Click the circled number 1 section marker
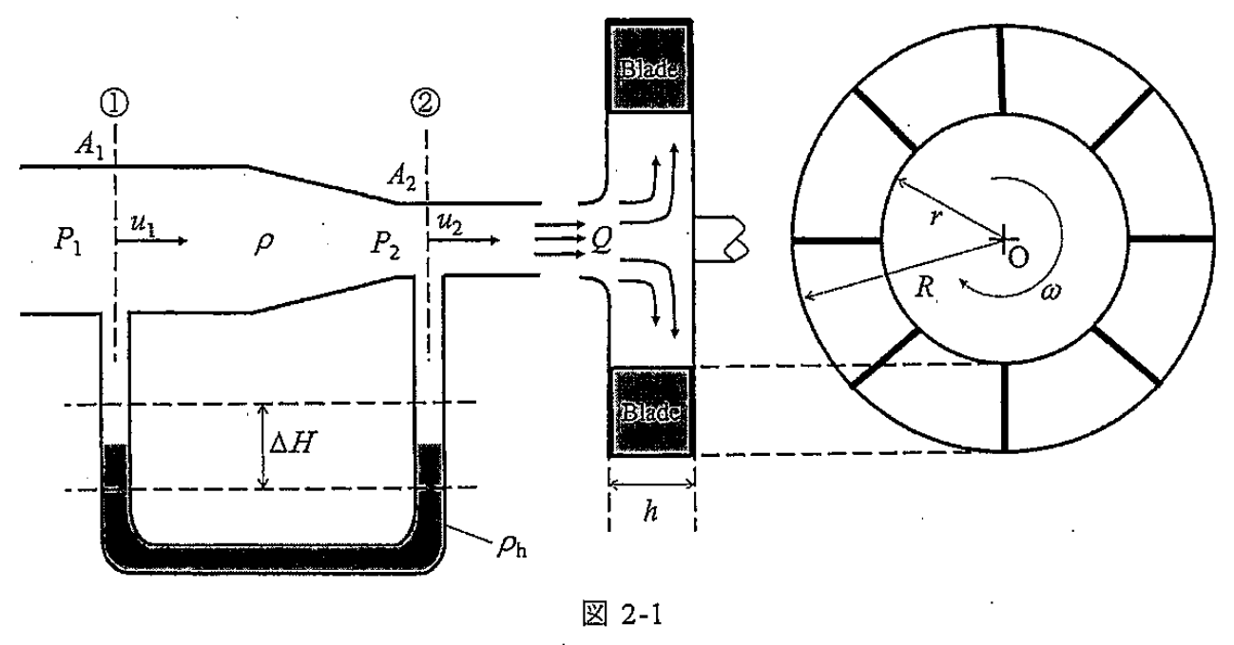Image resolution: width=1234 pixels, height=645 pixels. [115, 103]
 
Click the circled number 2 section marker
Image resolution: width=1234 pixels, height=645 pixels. [426, 103]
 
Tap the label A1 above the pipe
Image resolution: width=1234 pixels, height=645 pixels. [89, 145]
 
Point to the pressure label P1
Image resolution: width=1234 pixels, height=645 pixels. [67, 241]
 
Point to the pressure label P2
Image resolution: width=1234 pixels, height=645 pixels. [385, 244]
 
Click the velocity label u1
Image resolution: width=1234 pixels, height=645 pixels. [143, 224]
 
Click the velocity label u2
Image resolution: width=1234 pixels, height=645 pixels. [450, 223]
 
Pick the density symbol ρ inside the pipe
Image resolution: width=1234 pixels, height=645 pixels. [264, 242]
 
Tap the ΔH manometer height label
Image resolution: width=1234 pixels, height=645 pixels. [293, 443]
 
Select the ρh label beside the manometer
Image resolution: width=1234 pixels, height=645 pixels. [511, 546]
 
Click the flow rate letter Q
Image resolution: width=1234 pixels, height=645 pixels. [601, 240]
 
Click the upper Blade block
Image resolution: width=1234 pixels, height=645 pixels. [649, 66]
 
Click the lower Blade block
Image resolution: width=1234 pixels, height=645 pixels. [650, 412]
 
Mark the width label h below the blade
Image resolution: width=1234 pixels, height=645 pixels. [651, 512]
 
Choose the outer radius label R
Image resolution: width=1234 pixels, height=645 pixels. [924, 287]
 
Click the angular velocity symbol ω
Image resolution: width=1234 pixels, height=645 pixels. [1051, 291]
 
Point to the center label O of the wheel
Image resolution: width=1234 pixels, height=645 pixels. [1018, 257]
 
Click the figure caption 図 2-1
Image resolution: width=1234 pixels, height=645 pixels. [623, 615]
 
